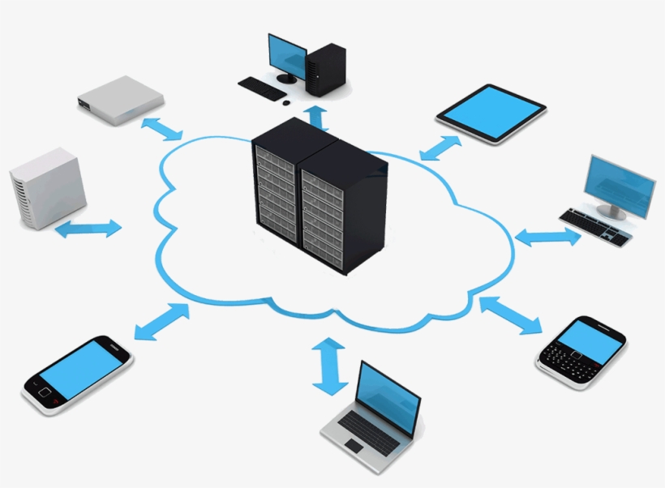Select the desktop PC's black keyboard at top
tap(262, 88)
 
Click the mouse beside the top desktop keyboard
tap(285, 101)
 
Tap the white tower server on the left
tap(48, 187)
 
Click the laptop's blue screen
tap(388, 398)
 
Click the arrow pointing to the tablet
tap(440, 148)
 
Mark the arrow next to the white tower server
tap(88, 229)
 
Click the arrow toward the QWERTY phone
tap(511, 315)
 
